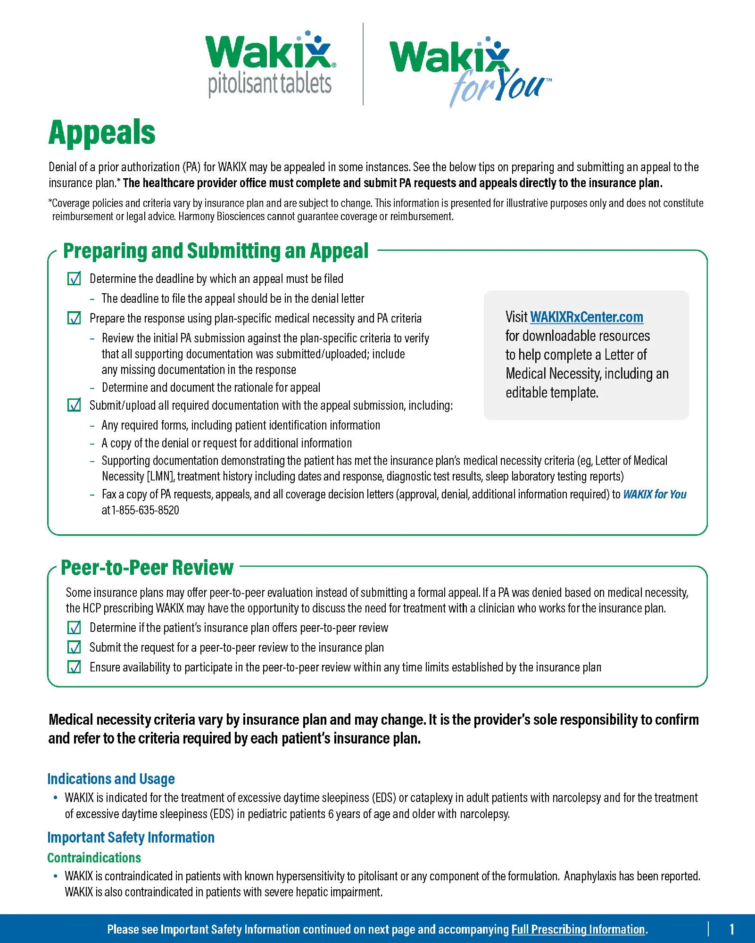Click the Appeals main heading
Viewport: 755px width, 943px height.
point(102,132)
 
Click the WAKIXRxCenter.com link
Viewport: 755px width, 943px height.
point(586,317)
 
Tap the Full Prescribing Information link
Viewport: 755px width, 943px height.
point(578,929)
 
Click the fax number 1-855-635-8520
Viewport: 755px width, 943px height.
point(145,510)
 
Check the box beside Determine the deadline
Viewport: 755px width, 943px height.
point(74,279)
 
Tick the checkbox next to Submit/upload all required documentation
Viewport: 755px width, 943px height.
point(74,405)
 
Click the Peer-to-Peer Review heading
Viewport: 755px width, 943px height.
point(147,567)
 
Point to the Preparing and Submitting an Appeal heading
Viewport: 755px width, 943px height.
point(216,251)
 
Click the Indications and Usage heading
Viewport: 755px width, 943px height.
point(111,778)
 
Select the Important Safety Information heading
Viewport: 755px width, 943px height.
point(131,837)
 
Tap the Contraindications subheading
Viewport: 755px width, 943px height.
point(94,857)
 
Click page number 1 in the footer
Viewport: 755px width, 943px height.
point(731,929)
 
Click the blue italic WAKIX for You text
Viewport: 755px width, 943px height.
point(654,494)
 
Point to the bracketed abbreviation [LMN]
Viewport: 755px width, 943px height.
point(161,477)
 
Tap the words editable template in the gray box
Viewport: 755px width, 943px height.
point(552,392)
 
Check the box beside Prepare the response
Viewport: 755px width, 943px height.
point(74,318)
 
